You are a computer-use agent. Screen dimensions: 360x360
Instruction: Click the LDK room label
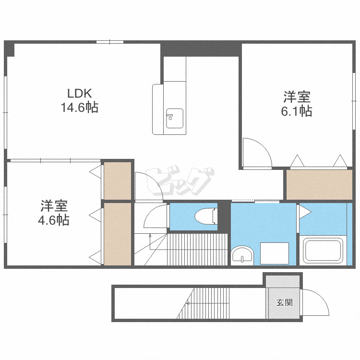point(79,94)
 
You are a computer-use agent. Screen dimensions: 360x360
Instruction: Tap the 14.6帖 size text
point(79,107)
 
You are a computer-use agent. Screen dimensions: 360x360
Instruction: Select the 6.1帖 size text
point(297,111)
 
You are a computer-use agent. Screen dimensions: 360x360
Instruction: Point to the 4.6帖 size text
point(53,220)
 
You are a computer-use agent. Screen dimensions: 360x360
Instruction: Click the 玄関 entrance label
point(285,302)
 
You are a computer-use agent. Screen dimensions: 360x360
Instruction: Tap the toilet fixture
point(206,216)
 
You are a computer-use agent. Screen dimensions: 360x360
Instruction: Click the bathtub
point(323,251)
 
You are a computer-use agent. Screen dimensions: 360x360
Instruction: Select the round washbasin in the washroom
point(242,254)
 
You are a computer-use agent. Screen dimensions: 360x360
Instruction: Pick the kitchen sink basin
point(175,118)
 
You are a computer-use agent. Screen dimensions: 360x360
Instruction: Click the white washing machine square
point(275,253)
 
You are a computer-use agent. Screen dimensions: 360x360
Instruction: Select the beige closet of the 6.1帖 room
point(319,185)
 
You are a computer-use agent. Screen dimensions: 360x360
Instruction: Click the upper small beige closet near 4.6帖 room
point(118,180)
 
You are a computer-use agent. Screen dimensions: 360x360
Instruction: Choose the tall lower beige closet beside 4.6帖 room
point(118,234)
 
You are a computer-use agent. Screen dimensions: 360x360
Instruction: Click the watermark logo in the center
point(180,181)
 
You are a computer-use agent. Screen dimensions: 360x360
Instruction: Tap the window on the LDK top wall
point(110,42)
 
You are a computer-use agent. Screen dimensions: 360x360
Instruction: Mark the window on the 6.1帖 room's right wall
point(354,101)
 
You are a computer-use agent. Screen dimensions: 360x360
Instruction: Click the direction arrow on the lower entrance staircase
point(207,303)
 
